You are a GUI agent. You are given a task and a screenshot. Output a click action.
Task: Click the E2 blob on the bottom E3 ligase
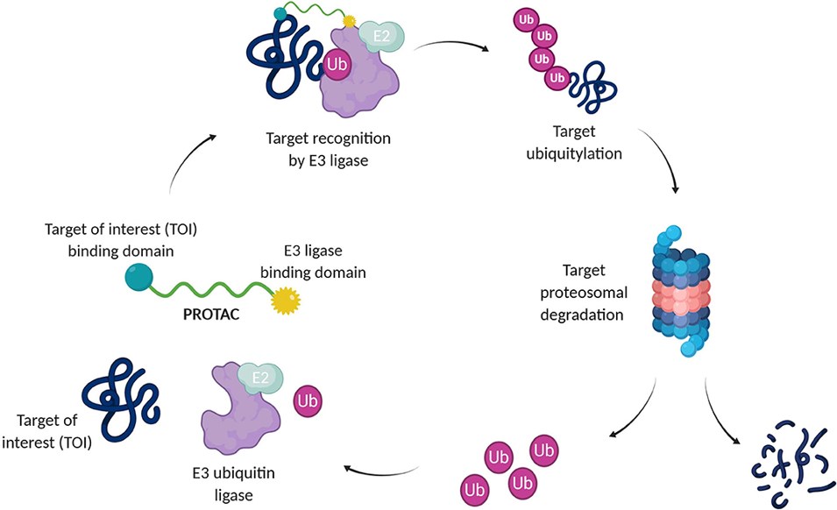(x=261, y=379)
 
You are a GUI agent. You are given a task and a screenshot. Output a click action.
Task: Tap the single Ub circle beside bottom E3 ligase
(x=309, y=400)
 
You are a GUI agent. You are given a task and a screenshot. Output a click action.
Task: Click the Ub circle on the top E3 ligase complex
(x=338, y=64)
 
